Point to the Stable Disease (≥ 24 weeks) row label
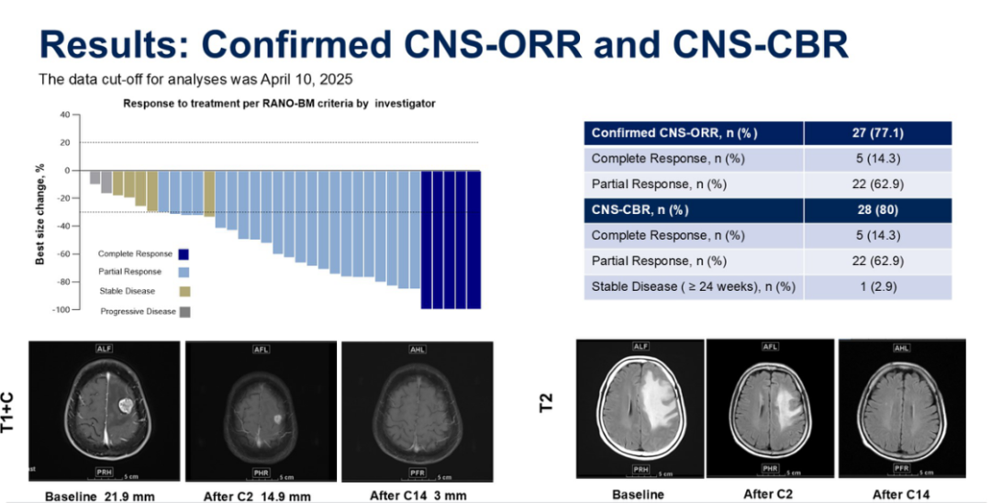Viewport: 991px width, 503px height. click(693, 287)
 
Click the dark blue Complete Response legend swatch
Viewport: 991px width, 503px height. click(184, 254)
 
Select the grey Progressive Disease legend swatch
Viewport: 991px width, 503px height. click(184, 311)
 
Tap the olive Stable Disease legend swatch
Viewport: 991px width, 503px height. click(184, 292)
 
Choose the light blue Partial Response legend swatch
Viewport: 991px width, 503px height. click(184, 273)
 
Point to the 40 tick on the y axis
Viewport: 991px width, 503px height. click(64, 115)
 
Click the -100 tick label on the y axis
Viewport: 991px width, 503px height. click(61, 310)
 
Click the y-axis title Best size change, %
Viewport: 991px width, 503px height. click(40, 214)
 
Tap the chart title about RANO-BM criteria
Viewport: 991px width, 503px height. click(279, 104)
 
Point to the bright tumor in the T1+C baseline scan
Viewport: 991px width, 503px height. click(125, 405)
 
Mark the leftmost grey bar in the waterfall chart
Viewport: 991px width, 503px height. click(95, 177)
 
